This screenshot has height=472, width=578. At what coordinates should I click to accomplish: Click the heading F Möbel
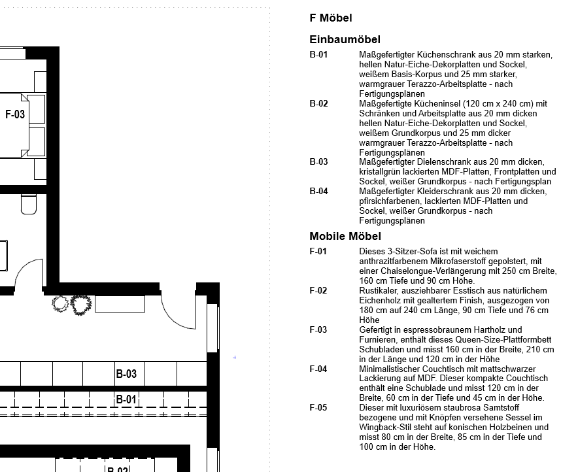[331, 18]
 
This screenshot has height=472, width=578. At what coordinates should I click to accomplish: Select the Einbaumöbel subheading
[345, 40]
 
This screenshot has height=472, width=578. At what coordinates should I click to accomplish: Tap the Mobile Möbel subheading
[345, 236]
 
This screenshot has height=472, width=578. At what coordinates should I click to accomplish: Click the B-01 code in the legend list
[318, 55]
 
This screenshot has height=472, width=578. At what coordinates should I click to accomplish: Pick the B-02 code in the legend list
[318, 104]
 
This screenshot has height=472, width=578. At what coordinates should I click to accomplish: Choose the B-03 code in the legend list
[318, 161]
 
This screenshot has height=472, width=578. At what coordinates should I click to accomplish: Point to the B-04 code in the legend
[318, 191]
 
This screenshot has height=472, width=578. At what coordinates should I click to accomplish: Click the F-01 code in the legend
[318, 251]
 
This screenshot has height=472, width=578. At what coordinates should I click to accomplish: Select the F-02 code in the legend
[318, 290]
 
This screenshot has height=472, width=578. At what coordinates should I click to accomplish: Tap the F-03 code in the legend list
[318, 329]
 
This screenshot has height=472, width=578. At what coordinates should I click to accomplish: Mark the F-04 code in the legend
[318, 369]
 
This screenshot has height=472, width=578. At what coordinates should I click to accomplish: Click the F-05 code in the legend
[318, 408]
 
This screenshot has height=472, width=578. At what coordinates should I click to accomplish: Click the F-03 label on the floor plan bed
[15, 114]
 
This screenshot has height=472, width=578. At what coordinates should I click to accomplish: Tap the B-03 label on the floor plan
[126, 374]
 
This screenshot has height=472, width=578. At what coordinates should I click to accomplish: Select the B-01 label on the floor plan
[126, 399]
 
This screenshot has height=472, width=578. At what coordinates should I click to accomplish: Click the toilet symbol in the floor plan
[28, 204]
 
